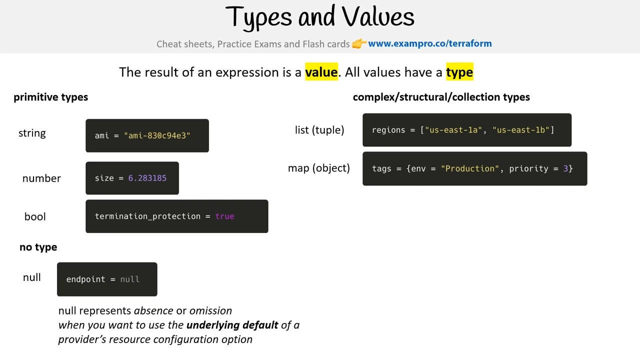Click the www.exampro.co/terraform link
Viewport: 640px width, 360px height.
[429, 43]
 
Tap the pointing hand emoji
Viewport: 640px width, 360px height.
[359, 43]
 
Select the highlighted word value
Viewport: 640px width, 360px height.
[321, 71]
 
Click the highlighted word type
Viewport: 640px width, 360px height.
[459, 71]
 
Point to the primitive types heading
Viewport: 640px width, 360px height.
[51, 97]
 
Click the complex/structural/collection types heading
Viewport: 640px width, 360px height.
[441, 97]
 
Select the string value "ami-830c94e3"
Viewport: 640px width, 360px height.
[157, 135]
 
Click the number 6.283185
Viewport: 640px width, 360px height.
[147, 178]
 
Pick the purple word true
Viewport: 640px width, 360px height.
[225, 216]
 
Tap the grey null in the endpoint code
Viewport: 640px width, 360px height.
[129, 279]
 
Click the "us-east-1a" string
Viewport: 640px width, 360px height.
[453, 130]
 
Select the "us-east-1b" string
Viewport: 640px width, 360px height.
[521, 130]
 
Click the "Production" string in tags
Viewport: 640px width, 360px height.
[470, 168]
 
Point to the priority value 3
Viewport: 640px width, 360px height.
[565, 168]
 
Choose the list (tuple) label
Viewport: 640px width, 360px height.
[319, 130]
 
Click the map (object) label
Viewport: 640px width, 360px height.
[319, 168]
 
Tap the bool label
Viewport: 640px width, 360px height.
[35, 216]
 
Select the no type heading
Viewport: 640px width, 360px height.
[38, 247]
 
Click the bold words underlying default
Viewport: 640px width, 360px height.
[232, 325]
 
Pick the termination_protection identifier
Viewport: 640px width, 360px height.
[147, 216]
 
